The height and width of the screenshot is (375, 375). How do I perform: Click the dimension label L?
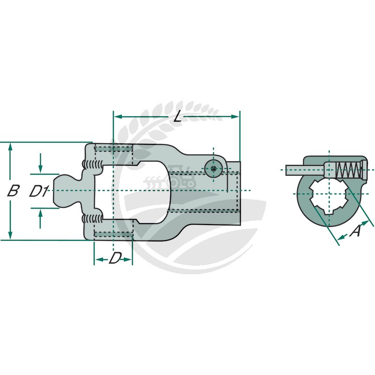click(177, 117)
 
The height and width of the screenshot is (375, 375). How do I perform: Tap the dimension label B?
click(14, 191)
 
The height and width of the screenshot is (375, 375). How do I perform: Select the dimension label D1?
click(39, 191)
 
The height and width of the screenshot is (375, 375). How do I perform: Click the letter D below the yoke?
click(114, 258)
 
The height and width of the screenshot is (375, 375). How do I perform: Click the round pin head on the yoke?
click(213, 169)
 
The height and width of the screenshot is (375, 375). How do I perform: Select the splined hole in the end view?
click(330, 195)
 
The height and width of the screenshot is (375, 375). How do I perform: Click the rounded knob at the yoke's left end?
click(65, 191)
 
